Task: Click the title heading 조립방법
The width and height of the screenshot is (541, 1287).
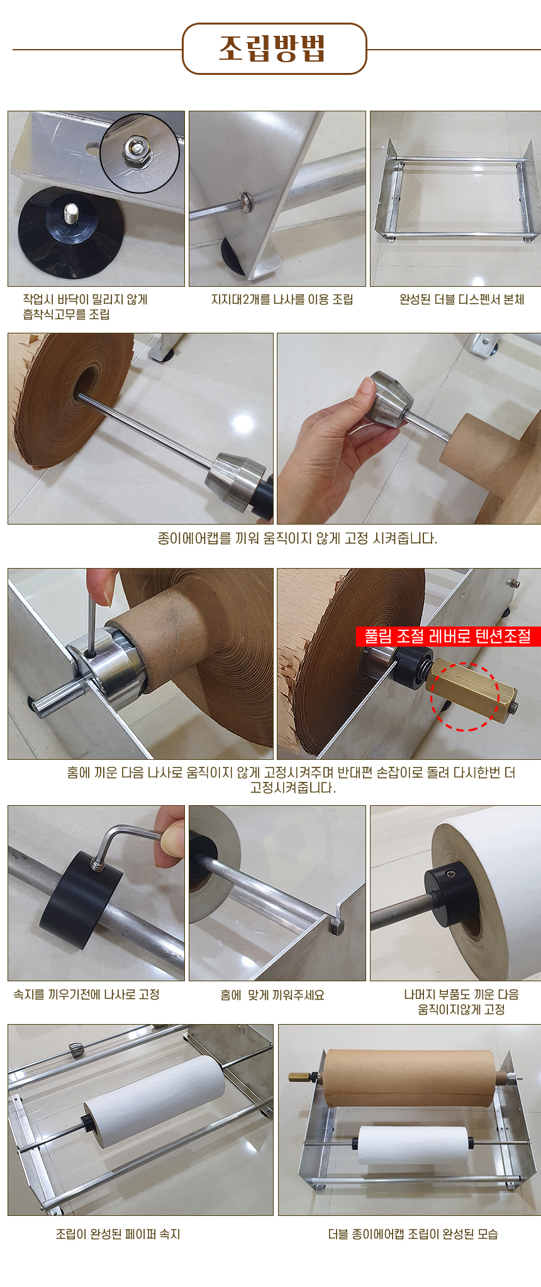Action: (x=273, y=48)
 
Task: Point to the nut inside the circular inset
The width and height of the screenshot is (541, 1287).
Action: (x=136, y=149)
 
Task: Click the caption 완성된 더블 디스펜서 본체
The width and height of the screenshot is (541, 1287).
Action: (x=462, y=300)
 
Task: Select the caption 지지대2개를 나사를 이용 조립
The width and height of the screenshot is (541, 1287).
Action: (x=282, y=300)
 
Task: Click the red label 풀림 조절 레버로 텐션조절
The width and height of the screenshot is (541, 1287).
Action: (x=448, y=636)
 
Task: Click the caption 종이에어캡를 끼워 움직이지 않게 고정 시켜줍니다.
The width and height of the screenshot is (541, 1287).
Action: (x=297, y=538)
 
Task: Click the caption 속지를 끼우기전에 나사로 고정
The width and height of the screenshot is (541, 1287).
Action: (x=87, y=994)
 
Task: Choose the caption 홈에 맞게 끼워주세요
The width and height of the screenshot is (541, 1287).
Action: (x=272, y=995)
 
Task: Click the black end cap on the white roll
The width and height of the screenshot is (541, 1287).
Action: (x=448, y=894)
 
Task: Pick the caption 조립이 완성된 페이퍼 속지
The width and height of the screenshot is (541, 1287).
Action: (x=118, y=1234)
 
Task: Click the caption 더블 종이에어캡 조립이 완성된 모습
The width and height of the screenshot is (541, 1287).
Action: (x=413, y=1234)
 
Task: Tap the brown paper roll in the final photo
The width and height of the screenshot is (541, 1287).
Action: (x=409, y=1078)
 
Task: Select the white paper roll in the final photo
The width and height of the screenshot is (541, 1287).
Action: (x=412, y=1144)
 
